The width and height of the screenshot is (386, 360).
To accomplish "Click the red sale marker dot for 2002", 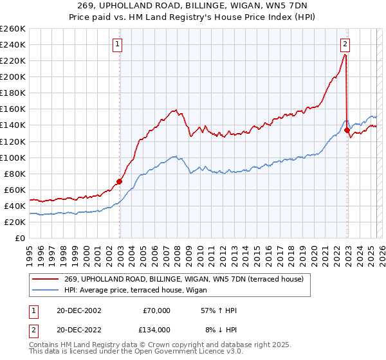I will point(120,181).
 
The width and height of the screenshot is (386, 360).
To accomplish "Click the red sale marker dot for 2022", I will point(347,130).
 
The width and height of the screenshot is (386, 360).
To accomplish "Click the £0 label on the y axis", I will point(20,238).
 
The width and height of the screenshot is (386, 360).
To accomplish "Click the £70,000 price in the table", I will point(156,310).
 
